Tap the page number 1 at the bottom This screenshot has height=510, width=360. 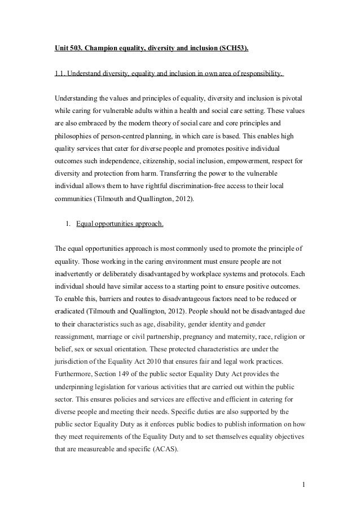302,483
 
